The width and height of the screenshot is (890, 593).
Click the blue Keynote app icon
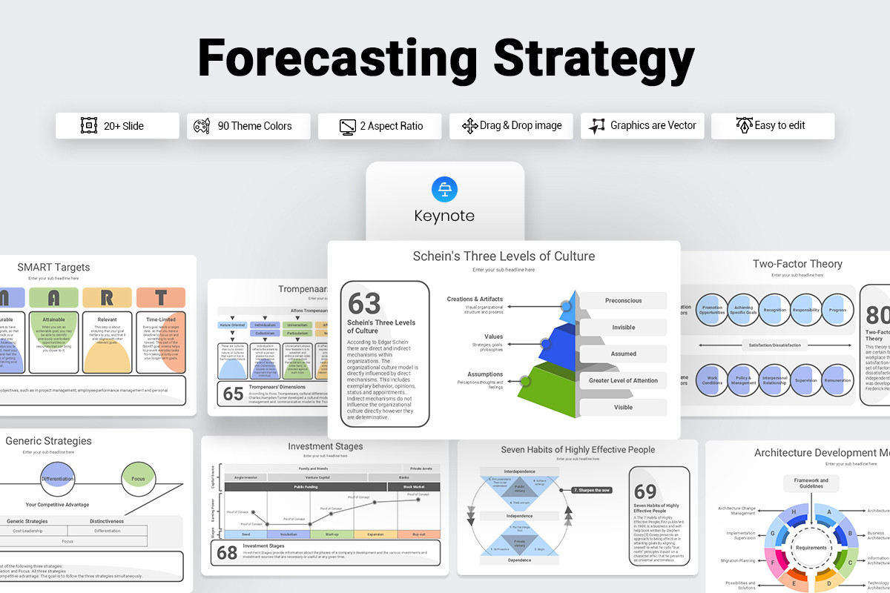444,188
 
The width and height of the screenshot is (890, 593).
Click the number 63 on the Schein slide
364,303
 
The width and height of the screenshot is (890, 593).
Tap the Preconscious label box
623,301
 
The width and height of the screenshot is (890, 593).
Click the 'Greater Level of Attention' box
623,380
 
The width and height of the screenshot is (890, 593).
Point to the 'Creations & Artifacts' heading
475,299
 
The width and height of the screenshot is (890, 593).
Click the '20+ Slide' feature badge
117,126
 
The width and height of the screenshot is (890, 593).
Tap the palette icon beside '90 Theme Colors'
201,126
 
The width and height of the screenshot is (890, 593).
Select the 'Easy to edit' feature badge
772,126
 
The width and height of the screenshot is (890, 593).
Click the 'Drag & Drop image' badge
512,126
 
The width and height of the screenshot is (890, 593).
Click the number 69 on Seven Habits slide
645,491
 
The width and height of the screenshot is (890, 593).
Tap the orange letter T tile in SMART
161,298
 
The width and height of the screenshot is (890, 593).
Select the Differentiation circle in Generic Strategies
57,479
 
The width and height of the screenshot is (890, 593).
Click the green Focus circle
139,479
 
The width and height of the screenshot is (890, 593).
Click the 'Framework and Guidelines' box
811,483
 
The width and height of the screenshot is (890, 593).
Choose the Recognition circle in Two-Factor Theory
774,309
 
